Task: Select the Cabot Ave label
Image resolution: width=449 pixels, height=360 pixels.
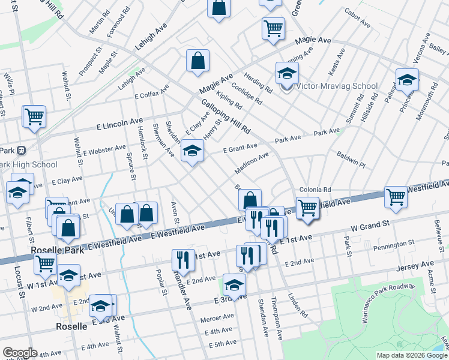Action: coord(358,23)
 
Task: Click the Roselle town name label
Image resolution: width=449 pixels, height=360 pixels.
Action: coord(72,327)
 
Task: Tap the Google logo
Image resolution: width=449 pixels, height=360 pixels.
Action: coord(20,353)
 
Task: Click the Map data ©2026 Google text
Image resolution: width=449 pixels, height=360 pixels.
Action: coord(411,355)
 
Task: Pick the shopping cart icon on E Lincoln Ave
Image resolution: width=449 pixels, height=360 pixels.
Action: coord(34,116)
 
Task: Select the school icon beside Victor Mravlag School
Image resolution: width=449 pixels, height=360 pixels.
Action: coord(287,73)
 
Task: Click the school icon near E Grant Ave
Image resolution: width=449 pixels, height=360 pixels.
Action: coord(193,151)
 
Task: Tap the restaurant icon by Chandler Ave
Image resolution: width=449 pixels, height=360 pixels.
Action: coord(183,259)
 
